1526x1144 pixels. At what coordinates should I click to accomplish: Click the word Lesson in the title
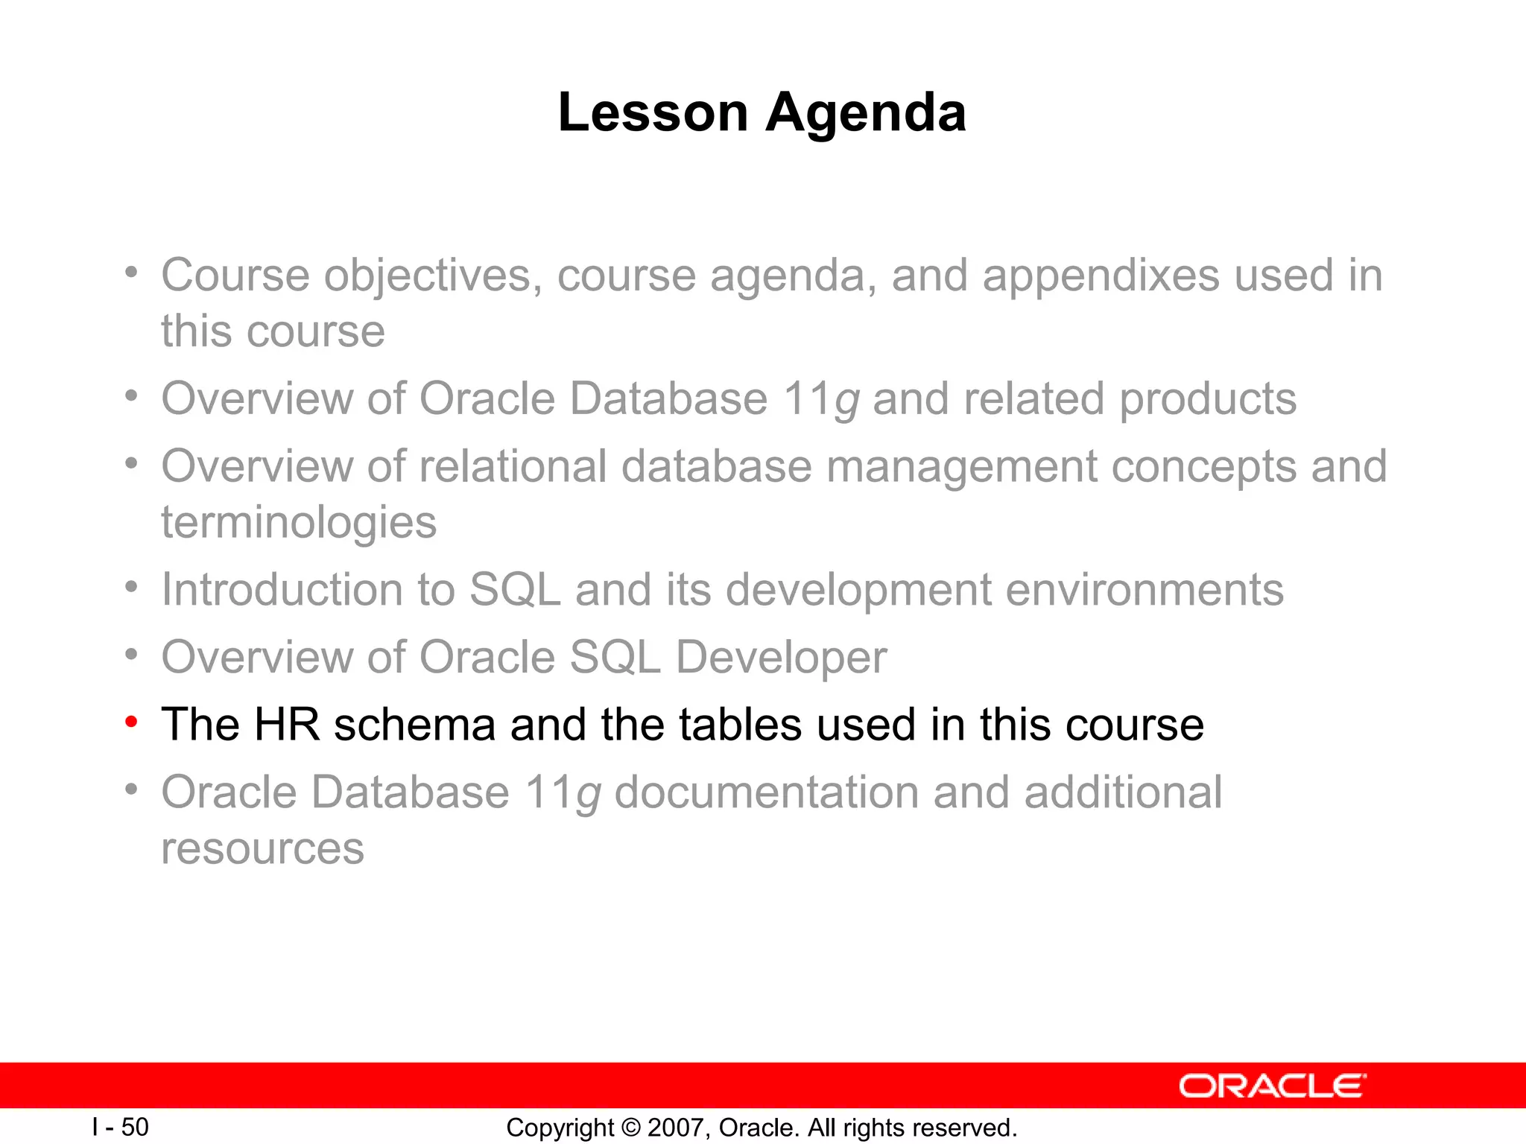point(653,112)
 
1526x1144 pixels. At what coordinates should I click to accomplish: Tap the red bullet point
point(131,721)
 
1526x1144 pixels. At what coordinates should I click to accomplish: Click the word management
point(960,467)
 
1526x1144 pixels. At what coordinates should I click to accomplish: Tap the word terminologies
point(299,523)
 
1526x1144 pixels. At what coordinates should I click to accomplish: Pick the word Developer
point(781,658)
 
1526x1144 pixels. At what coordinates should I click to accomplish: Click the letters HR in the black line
point(287,725)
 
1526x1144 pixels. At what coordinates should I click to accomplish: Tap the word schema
point(414,725)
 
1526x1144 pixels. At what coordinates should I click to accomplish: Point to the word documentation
point(766,792)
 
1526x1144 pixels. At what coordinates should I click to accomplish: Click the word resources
point(262,848)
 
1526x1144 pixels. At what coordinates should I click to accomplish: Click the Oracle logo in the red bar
point(1273,1086)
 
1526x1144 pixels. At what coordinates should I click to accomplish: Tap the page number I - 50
point(120,1127)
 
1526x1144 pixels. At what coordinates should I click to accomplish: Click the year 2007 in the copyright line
point(677,1128)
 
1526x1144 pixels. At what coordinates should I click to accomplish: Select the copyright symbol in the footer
point(630,1128)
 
